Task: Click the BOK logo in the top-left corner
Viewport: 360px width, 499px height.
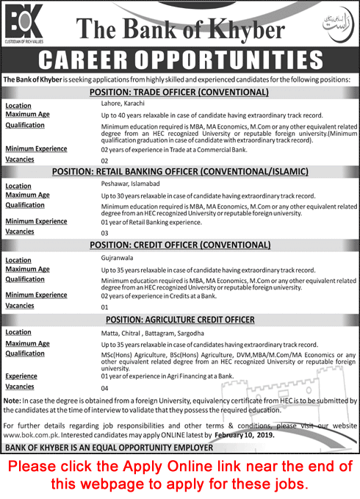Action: pyautogui.click(x=24, y=24)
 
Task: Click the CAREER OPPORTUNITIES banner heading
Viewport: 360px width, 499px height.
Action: pyautogui.click(x=179, y=61)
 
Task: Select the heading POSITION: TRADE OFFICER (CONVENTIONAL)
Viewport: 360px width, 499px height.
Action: pyautogui.click(x=179, y=93)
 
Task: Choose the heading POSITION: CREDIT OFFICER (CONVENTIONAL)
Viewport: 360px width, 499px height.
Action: pyautogui.click(x=179, y=245)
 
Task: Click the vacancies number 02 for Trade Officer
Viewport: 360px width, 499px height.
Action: pyautogui.click(x=104, y=160)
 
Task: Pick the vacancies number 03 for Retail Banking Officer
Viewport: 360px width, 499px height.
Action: pyautogui.click(x=104, y=233)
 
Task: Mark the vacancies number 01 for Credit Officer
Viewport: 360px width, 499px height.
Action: pyautogui.click(x=104, y=306)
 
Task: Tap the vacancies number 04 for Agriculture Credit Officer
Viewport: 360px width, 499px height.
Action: pyautogui.click(x=104, y=387)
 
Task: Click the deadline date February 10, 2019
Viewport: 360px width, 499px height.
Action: pyautogui.click(x=246, y=434)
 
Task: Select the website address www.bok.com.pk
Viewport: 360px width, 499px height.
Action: pyautogui.click(x=29, y=434)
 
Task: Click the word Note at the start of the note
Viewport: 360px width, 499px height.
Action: pyautogui.click(x=12, y=400)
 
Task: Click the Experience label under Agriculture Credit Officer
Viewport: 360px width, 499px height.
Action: pyautogui.click(x=26, y=376)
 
